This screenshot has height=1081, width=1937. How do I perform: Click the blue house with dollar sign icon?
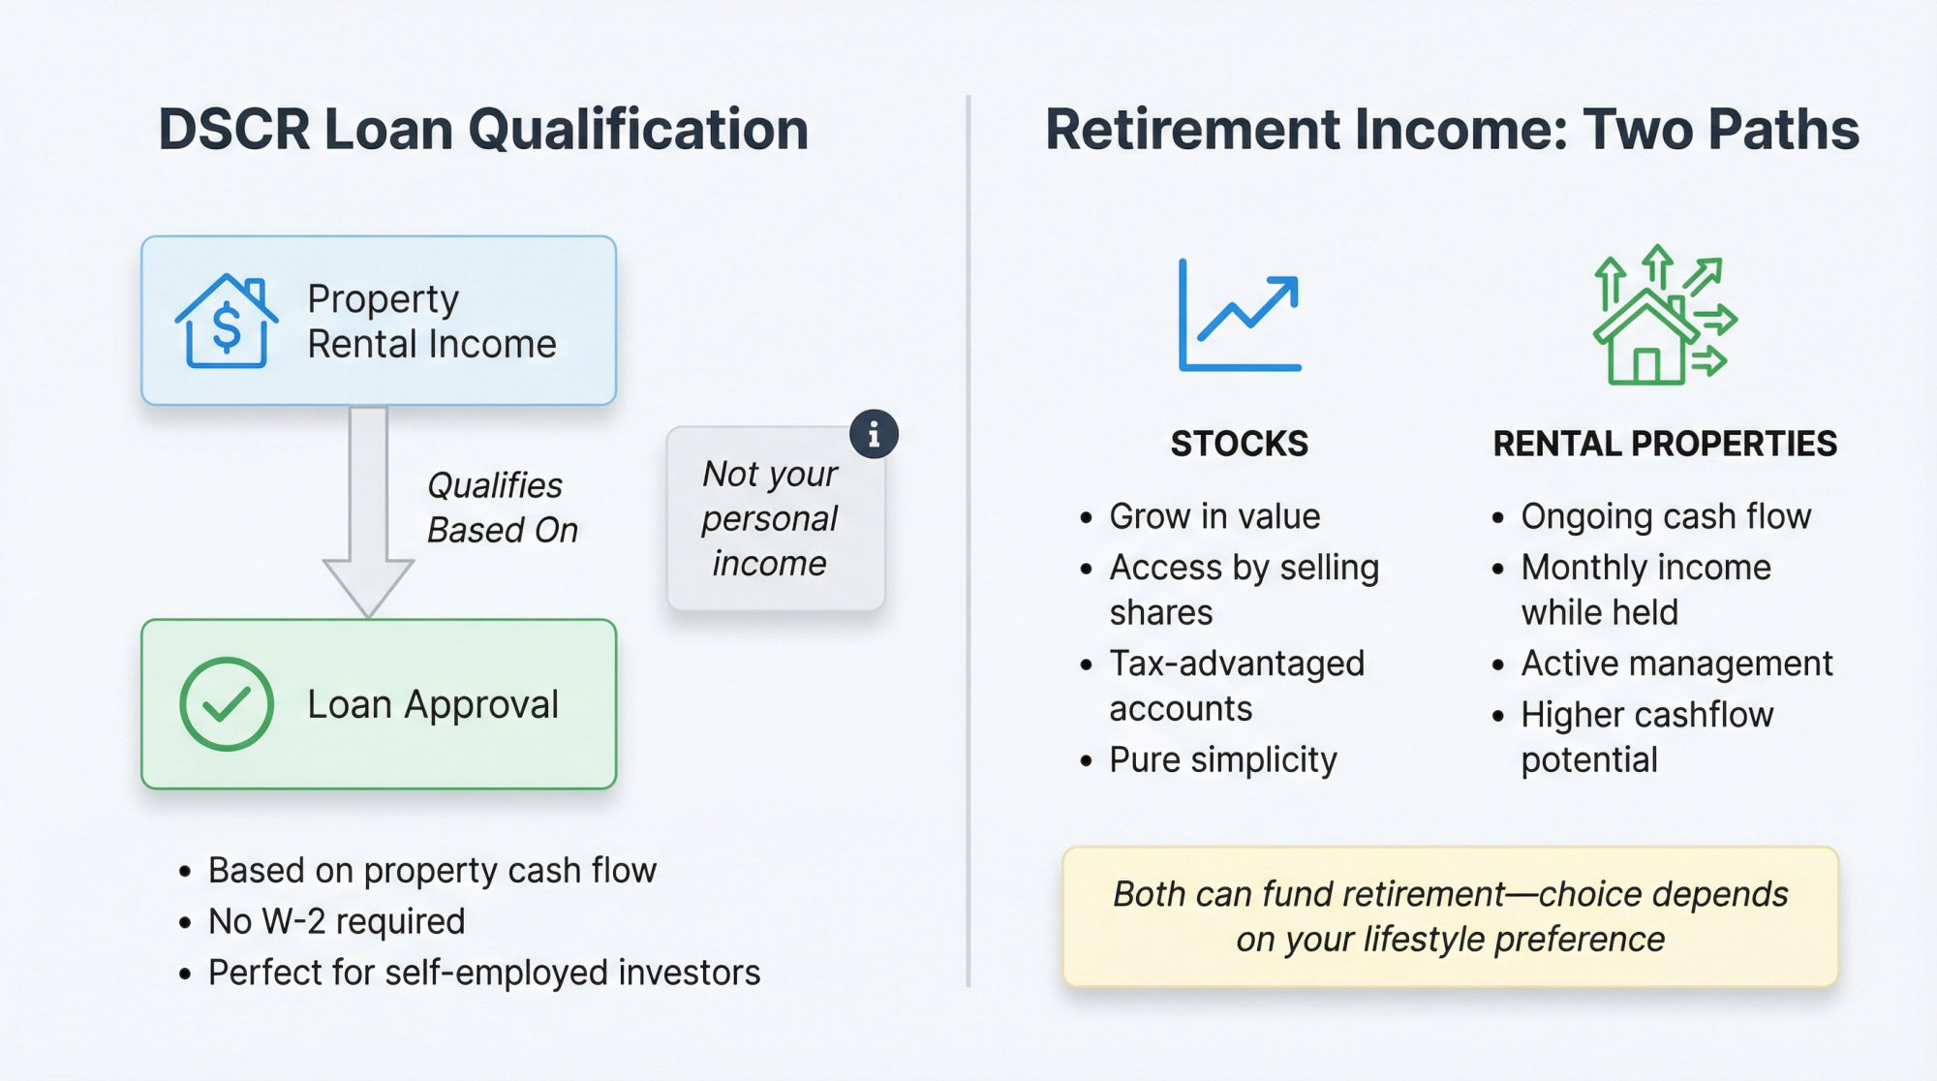pos(226,322)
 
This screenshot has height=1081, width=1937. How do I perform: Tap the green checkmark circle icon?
pos(226,704)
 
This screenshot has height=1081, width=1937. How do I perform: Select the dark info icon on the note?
pos(874,434)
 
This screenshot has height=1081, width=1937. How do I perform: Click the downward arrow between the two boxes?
pos(368,513)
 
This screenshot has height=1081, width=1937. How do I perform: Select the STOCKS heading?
pos(1239,444)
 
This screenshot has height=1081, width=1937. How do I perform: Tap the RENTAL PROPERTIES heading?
pos(1664,444)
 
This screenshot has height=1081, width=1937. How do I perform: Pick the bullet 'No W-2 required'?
pos(336,921)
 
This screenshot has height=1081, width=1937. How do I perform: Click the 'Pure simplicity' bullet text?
pos(1222,760)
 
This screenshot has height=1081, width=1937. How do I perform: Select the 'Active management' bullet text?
pos(1676,664)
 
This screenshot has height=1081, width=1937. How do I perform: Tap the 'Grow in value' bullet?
pos(1214,516)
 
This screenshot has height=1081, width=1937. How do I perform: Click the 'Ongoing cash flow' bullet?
pos(1665,516)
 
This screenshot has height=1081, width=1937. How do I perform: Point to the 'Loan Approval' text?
pos(432,704)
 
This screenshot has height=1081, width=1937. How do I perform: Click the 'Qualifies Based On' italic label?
pos(502,508)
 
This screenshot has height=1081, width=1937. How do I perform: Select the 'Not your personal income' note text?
pos(770,519)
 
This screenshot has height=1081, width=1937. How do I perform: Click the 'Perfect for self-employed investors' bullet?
pos(483,973)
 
